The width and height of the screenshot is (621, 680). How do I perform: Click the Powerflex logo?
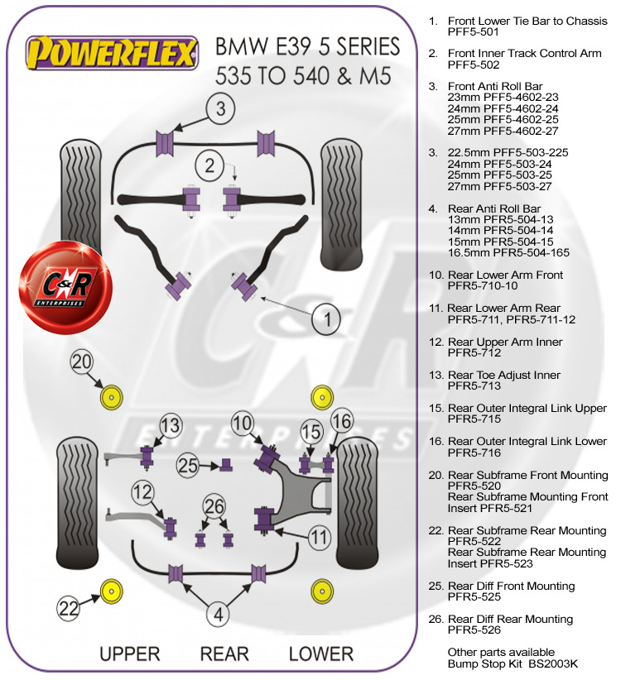(x=113, y=55)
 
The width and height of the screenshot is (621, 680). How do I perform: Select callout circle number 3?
(x=221, y=108)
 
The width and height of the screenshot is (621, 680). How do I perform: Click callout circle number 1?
(x=329, y=318)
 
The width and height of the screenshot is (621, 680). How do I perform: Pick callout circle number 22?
(x=70, y=608)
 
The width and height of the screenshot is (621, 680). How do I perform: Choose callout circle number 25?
(x=189, y=466)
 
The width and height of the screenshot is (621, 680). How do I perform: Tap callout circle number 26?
(x=214, y=505)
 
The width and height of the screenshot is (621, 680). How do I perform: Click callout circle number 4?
(x=219, y=614)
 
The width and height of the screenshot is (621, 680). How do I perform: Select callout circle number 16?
(x=341, y=421)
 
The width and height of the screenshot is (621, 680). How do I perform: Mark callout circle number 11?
(x=320, y=538)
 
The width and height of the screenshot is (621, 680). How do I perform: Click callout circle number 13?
(x=170, y=427)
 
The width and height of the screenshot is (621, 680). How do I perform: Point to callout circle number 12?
(x=143, y=493)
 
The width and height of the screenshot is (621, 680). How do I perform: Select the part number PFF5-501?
(x=474, y=33)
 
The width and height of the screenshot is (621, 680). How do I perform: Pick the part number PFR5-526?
(x=474, y=630)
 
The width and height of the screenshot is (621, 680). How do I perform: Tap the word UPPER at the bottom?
(x=129, y=654)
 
